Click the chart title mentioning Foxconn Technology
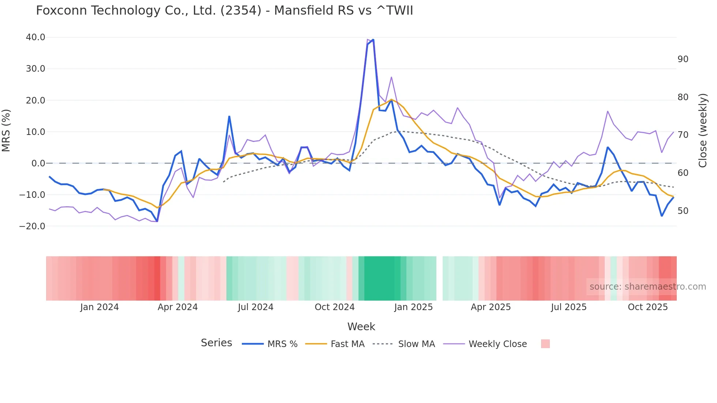(224, 11)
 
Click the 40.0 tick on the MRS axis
(35, 37)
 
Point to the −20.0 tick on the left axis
(32, 226)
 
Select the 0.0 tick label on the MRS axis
(38, 163)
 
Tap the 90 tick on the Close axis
(683, 59)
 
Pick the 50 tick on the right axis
(683, 211)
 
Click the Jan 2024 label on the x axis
(100, 307)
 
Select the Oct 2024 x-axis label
(334, 307)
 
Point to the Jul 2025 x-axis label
(568, 307)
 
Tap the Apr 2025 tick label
(491, 307)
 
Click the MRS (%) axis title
(6, 131)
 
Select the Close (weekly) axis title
(702, 131)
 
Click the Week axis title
(361, 327)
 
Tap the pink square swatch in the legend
(545, 344)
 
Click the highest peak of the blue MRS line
(373, 39)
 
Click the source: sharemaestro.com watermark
(647, 287)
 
